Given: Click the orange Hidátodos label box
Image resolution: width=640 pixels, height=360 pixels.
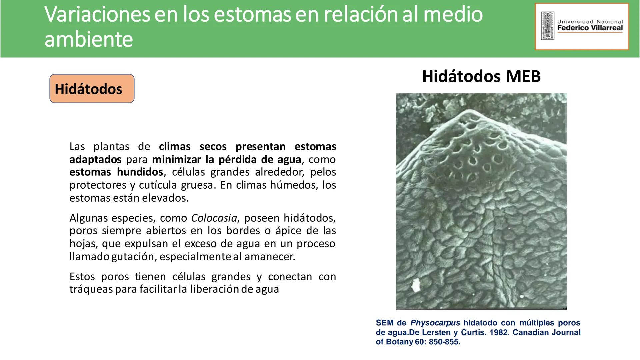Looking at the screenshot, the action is click(x=92, y=89).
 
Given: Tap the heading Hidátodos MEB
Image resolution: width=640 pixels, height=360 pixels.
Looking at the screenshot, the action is click(x=481, y=76).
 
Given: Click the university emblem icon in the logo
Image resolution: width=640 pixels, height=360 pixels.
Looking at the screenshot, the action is click(x=547, y=26).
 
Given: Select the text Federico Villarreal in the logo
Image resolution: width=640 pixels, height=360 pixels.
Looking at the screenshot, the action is click(x=590, y=28).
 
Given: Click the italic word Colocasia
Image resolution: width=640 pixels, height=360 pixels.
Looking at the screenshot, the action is click(x=214, y=218).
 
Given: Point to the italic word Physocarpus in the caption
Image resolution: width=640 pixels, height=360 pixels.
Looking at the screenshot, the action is click(x=435, y=323).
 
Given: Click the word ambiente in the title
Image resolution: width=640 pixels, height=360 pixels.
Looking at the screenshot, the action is click(x=89, y=39).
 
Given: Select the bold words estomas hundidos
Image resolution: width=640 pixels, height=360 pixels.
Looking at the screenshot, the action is click(x=116, y=172).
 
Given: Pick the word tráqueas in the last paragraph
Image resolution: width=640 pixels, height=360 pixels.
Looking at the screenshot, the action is click(x=91, y=289).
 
